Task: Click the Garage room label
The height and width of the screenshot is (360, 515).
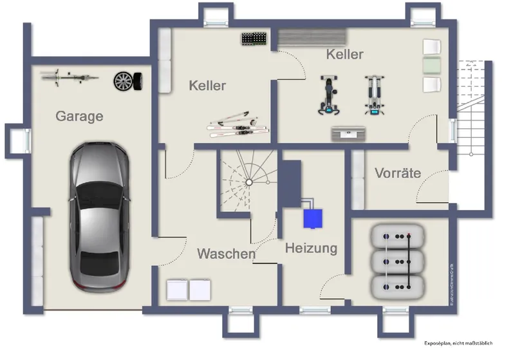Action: coord(79,117)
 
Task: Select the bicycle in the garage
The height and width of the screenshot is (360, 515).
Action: coord(70,77)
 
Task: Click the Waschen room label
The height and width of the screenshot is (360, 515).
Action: coord(226,254)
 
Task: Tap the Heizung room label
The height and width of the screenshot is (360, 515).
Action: coord(311,248)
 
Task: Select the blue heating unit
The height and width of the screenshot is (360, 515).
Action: coord(314,218)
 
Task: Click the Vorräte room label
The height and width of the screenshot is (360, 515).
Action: coord(397,173)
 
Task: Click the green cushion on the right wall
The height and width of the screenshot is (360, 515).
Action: coord(431,65)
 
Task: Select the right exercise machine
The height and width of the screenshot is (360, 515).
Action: coord(373,96)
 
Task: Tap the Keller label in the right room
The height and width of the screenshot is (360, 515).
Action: coord(344,54)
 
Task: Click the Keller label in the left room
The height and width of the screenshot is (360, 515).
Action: coord(207,85)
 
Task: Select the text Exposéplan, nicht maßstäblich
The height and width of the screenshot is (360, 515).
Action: coord(458,344)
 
